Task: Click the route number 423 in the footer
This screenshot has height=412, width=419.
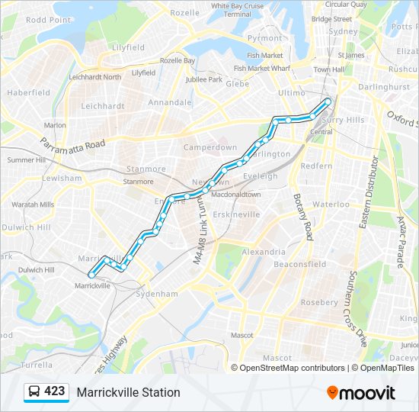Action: pos(54,391)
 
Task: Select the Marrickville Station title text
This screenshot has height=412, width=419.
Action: pos(128,392)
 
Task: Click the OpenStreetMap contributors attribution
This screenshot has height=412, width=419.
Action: pos(292,368)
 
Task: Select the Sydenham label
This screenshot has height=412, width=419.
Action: pos(156,294)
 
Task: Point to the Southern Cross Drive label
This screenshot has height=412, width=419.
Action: pos(359,309)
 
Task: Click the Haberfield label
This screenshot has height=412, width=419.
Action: pos(28,92)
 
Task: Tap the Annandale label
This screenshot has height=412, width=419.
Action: pos(170,101)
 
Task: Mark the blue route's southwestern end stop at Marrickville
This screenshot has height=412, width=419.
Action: pos(91,275)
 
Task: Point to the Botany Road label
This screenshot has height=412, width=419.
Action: pos(302,217)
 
